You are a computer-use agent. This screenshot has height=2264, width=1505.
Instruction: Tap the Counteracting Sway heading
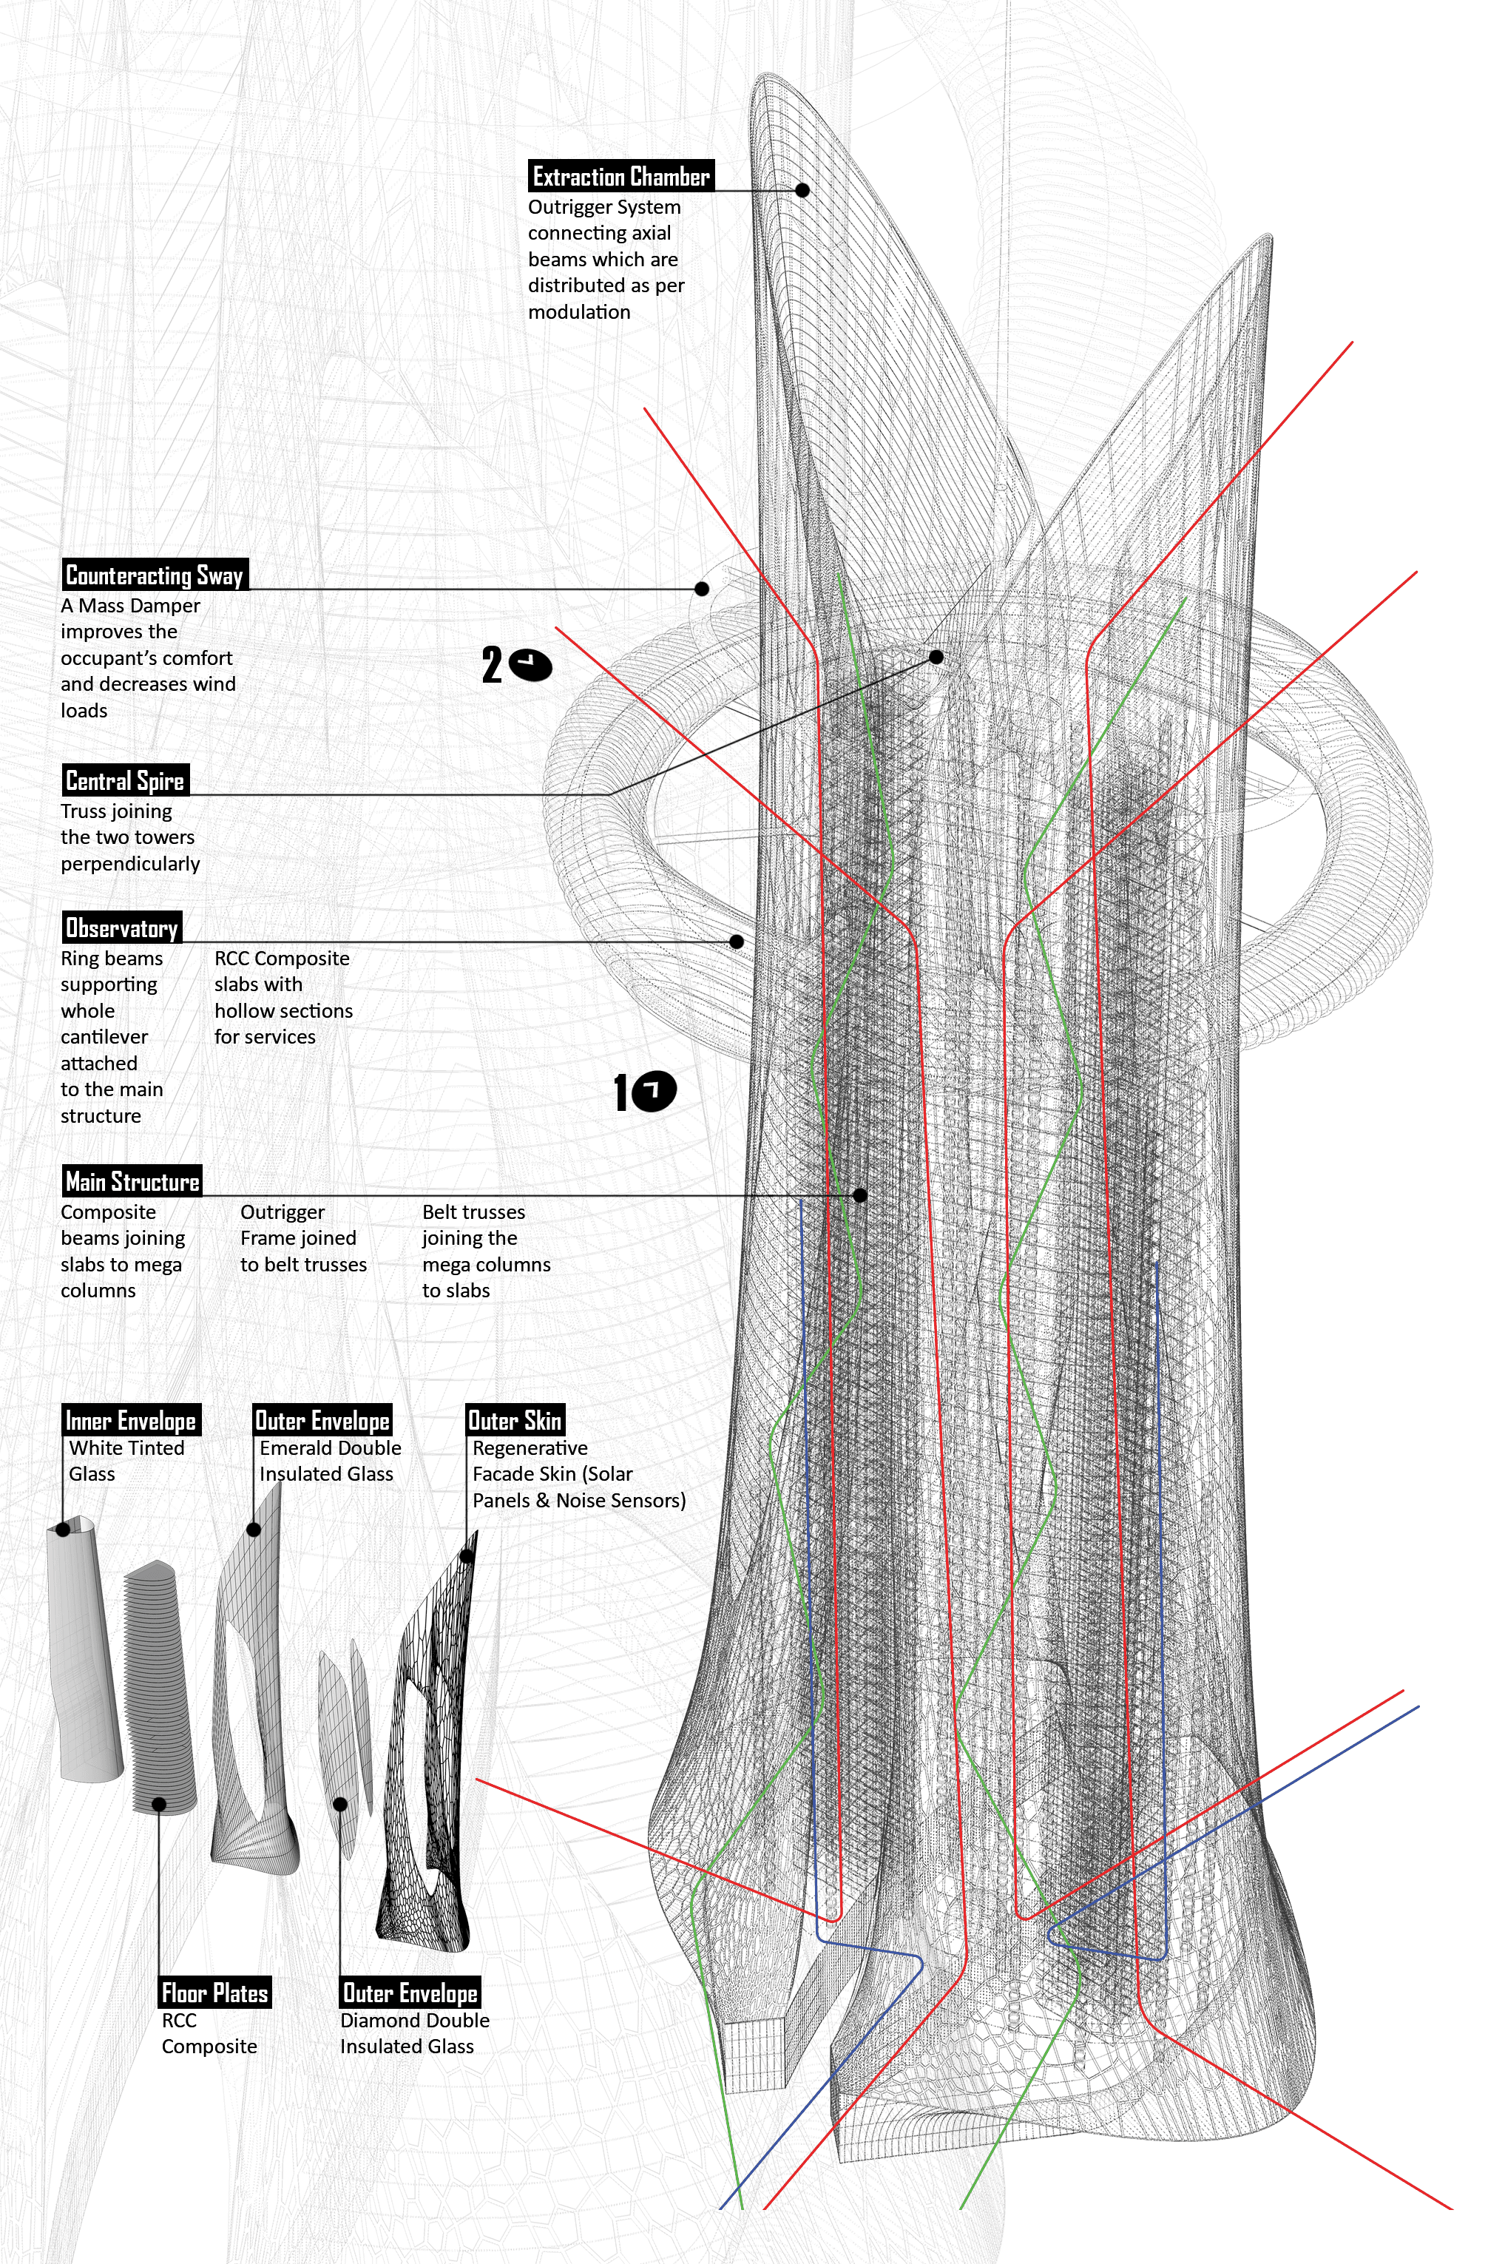coord(155,574)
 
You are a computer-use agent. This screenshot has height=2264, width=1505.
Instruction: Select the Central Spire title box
coord(126,780)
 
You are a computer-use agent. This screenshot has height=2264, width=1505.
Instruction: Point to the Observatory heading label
coord(122,927)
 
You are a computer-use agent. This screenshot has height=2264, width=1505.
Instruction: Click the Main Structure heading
coord(132,1180)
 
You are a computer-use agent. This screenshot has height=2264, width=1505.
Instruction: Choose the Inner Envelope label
coord(131,1419)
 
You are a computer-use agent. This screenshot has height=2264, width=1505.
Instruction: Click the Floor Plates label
coord(215,1993)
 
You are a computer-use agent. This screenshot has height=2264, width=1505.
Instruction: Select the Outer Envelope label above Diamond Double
coord(410,1993)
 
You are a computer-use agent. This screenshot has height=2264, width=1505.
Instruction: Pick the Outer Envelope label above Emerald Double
coord(322,1419)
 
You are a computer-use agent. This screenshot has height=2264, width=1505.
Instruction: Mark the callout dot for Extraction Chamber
coord(802,190)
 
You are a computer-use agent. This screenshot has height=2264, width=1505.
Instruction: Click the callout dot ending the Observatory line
coord(736,942)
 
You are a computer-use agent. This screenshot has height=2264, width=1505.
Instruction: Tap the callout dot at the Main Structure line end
coord(860,1194)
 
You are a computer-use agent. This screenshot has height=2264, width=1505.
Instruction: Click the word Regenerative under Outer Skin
coord(530,1448)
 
